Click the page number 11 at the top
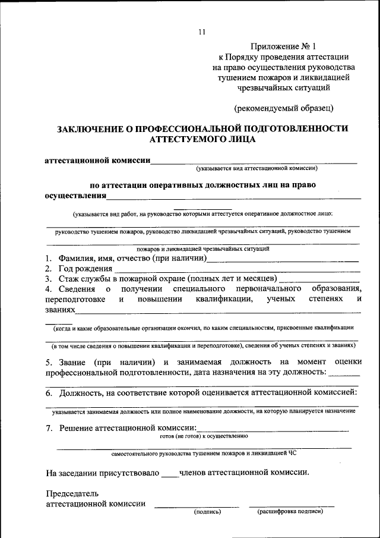point(202,33)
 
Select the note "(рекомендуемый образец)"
point(284,108)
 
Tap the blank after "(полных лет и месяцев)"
point(319,280)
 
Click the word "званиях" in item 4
point(61,310)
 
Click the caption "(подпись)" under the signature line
point(207,511)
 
